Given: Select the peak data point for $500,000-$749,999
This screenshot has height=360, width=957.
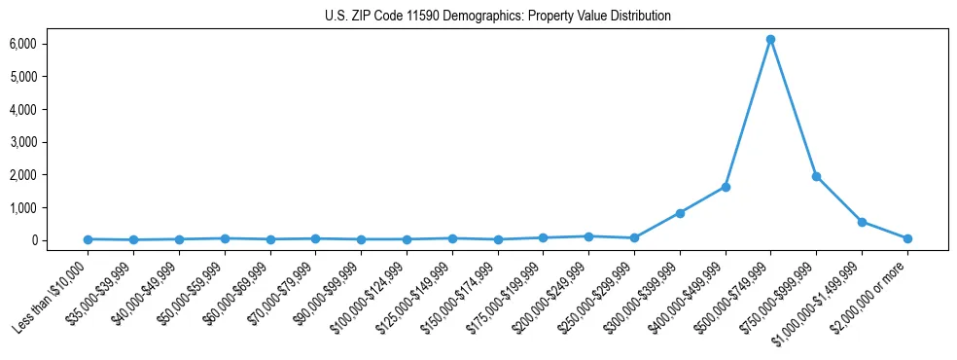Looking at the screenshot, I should tap(770, 39).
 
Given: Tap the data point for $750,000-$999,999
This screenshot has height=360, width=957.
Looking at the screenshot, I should tap(816, 176).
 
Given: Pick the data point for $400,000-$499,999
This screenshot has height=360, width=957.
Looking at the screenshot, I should tap(726, 187).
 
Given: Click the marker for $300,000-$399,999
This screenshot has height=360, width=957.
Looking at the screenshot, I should tap(680, 213).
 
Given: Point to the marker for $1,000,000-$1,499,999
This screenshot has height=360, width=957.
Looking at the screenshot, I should tap(862, 222).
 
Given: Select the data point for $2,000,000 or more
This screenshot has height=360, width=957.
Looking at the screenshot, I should tap(907, 238).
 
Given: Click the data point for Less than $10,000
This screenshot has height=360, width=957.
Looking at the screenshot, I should tap(88, 239).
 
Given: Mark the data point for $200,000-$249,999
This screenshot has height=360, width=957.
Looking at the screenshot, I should tap(588, 236).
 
